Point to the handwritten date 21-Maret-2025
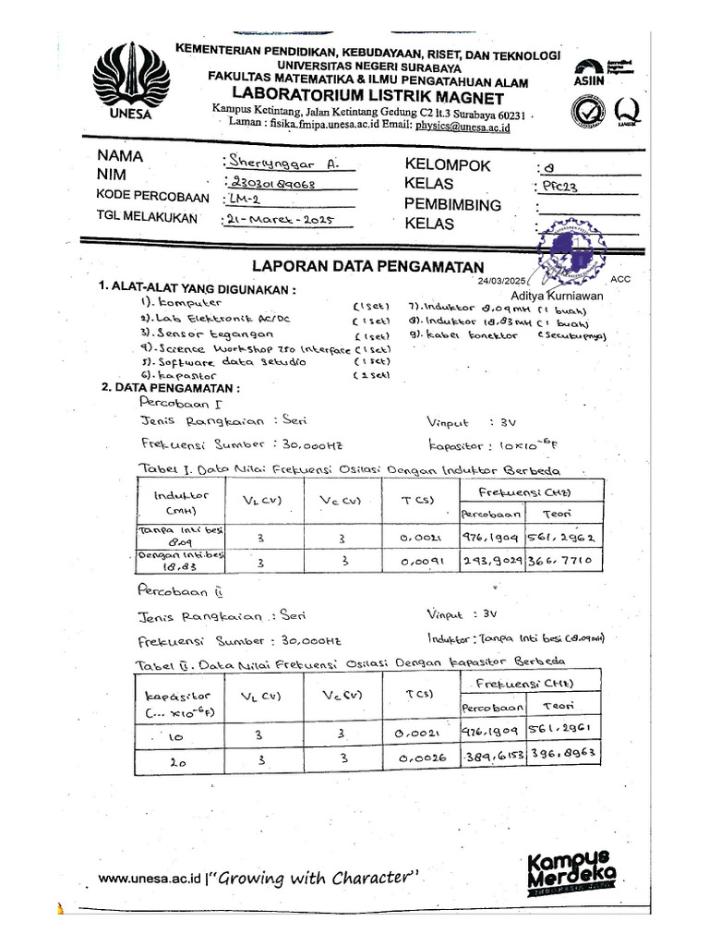(277, 220)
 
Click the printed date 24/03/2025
(500, 280)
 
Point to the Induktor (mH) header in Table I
(180, 503)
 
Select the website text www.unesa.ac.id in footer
(150, 879)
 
